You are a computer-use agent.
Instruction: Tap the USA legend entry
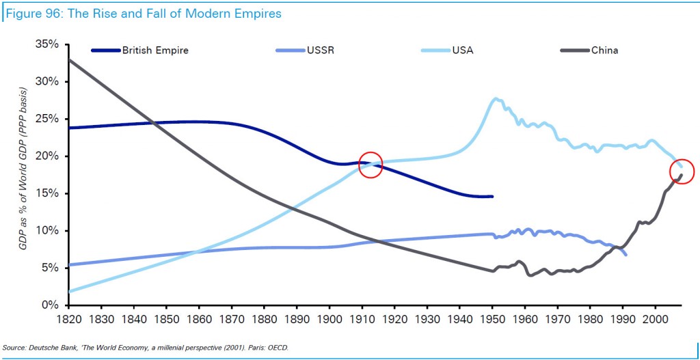(462, 50)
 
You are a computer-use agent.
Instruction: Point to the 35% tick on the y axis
(48, 44)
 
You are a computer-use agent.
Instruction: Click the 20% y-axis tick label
(48, 156)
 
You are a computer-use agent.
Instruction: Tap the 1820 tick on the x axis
(69, 318)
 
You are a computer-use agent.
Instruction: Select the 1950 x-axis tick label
(492, 318)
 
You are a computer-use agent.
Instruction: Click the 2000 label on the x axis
(656, 318)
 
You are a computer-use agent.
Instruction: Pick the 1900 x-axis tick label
(329, 318)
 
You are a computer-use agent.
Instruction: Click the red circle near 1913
(370, 165)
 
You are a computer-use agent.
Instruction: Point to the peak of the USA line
(495, 99)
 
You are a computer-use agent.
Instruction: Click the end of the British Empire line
(492, 197)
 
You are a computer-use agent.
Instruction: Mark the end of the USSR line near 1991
(625, 254)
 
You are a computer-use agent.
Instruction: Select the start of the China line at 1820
(70, 60)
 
